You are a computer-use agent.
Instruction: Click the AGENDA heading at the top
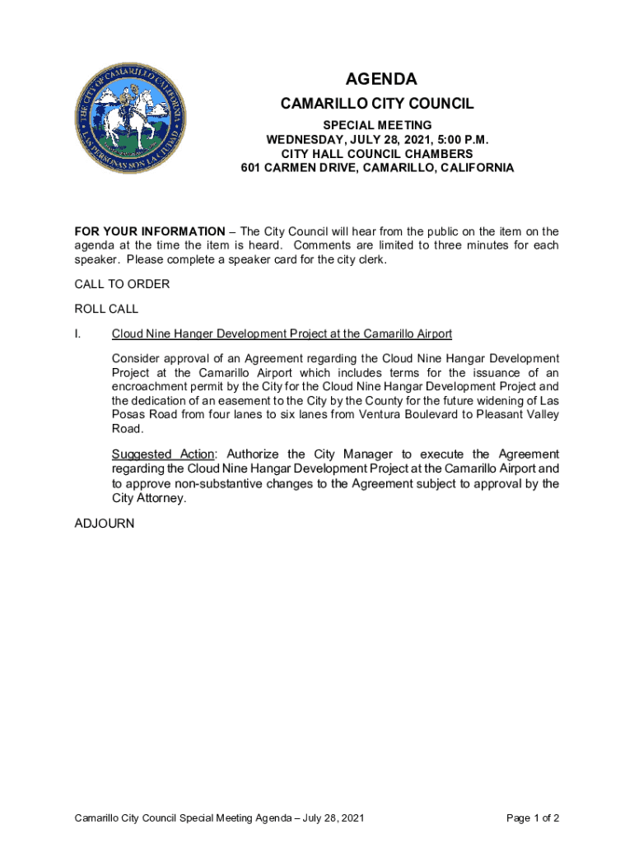381,79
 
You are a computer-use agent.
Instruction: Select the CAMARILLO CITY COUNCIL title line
377,105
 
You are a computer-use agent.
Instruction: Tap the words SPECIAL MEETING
377,125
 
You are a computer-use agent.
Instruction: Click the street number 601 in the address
250,168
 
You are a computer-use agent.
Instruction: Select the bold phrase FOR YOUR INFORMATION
149,231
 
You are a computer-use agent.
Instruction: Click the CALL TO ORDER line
122,284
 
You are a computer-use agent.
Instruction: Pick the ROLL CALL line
106,309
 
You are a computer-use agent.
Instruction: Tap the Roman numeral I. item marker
77,333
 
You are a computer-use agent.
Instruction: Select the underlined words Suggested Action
163,454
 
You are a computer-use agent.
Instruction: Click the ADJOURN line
104,523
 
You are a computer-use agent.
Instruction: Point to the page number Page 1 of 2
533,818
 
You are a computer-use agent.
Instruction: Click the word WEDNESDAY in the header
304,139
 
